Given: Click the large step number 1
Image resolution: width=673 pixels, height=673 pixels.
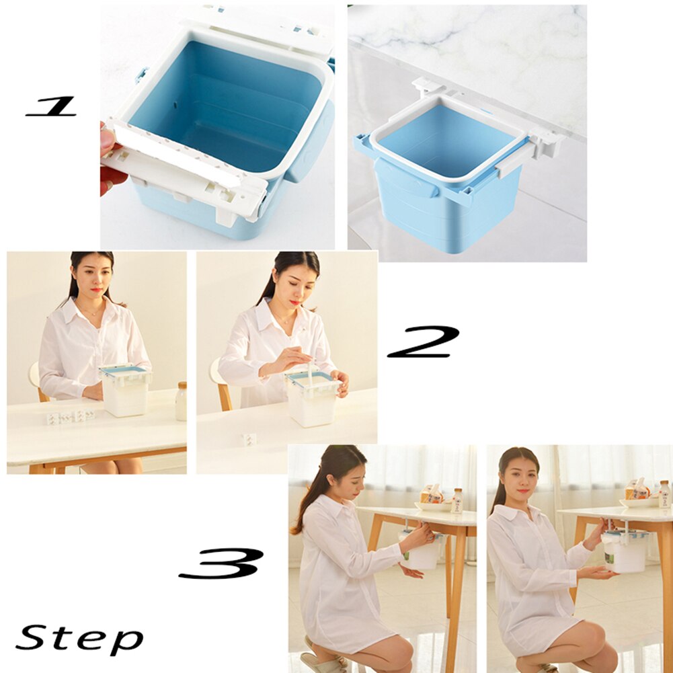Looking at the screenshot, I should point(51,106).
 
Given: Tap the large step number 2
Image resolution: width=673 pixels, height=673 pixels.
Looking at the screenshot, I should point(423,342).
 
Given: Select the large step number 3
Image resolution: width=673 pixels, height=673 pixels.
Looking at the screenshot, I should point(221,563).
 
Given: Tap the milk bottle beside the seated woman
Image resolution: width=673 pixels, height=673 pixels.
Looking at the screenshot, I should point(181,401).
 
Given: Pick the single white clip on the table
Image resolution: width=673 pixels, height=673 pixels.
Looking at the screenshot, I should point(249,439).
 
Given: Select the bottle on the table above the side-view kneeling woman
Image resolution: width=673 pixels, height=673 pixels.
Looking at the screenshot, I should point(457,501).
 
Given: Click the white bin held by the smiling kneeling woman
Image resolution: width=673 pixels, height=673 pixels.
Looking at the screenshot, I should point(625,553).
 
